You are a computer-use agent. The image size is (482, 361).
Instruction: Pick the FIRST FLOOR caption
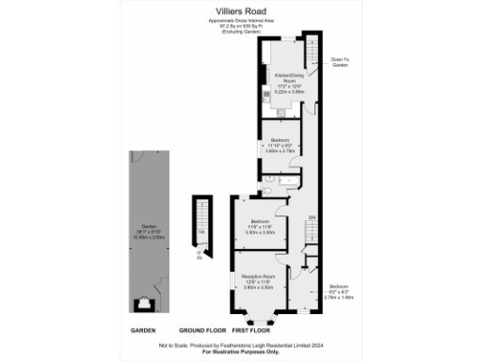pyautogui.click(x=249, y=331)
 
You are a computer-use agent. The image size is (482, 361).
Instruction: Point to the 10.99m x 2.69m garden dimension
pyautogui.click(x=148, y=239)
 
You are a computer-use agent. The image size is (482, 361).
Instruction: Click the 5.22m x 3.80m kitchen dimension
pyautogui.click(x=286, y=91)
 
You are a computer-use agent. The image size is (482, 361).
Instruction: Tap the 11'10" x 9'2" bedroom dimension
pyautogui.click(x=280, y=144)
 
